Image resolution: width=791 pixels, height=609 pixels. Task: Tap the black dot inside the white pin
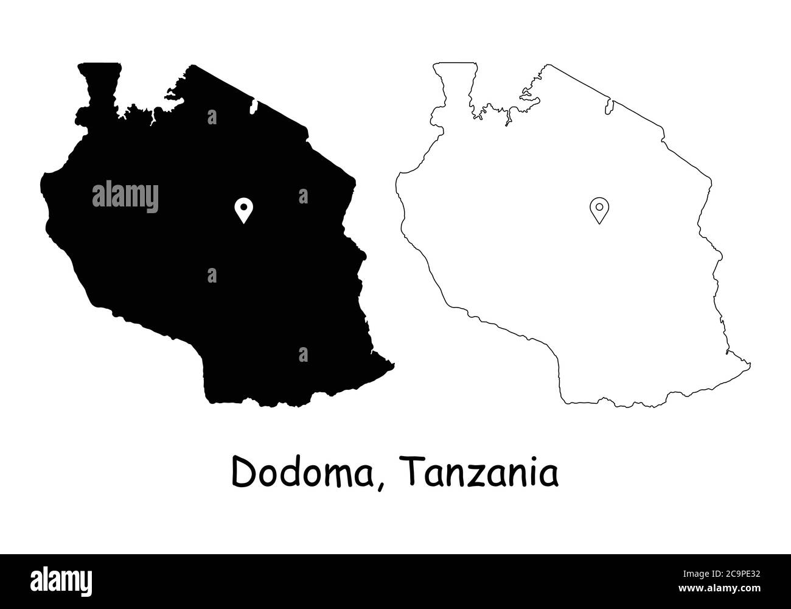pos(243,207)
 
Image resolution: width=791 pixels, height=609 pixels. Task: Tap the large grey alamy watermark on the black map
pos(125,196)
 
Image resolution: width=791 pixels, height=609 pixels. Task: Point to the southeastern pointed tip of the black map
pos(392,365)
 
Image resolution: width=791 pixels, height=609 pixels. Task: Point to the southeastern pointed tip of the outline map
pos(748,365)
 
